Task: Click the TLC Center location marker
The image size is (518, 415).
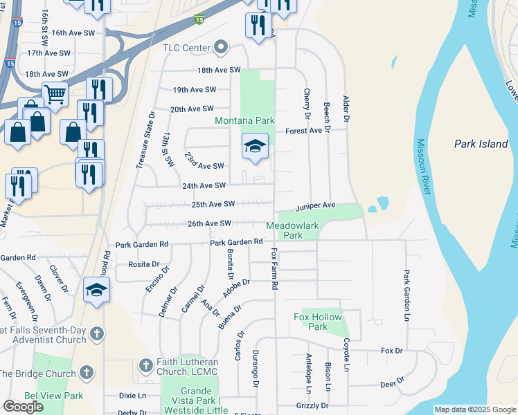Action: point(222,48)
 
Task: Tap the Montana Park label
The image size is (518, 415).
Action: point(244,120)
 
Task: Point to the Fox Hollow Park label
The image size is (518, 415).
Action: point(319,322)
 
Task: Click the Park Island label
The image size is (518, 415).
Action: point(481,144)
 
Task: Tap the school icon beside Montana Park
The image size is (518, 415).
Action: point(255,147)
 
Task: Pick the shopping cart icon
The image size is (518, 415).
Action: point(55,93)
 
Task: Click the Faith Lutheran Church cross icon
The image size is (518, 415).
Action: point(145,364)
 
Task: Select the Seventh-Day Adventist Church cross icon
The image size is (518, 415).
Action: point(97,334)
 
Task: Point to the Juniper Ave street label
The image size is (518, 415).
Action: point(316,206)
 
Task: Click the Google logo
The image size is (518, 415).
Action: point(23,406)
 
